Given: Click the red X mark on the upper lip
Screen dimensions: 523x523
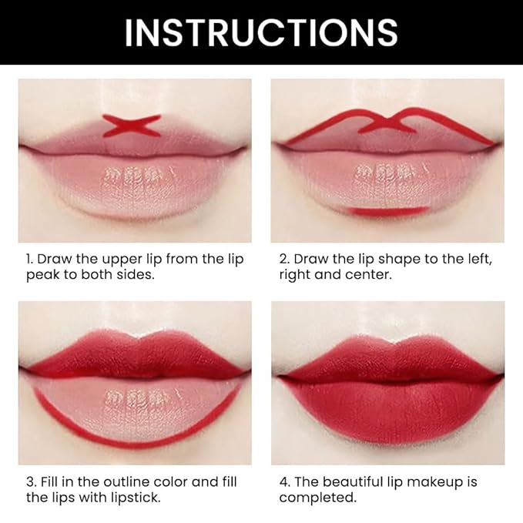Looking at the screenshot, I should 132,125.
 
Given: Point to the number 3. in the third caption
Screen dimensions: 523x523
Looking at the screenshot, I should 30,481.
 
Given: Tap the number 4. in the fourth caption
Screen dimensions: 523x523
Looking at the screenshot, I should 284,481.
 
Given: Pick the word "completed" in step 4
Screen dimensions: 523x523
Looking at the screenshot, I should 317,498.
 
